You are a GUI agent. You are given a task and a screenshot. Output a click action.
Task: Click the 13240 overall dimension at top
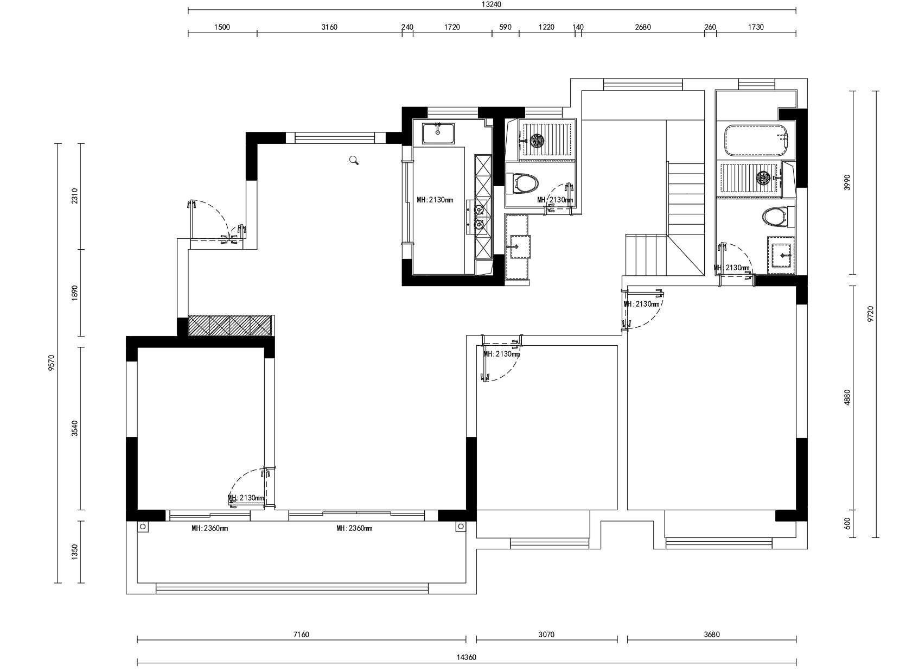click(492, 4)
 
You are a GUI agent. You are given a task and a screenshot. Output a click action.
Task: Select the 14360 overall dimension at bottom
click(467, 658)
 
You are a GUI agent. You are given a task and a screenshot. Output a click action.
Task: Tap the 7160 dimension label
click(301, 635)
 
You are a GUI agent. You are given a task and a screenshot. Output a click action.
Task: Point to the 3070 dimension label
click(546, 635)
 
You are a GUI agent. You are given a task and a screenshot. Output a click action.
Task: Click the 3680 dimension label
click(712, 635)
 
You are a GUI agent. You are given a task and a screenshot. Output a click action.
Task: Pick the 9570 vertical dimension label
click(51, 363)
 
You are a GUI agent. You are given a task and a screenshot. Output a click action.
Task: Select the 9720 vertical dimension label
click(870, 314)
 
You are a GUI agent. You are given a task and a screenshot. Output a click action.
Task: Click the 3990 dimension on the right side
click(847, 182)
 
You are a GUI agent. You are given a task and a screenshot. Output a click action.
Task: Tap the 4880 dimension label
click(847, 397)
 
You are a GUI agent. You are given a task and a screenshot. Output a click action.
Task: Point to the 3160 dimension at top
click(329, 27)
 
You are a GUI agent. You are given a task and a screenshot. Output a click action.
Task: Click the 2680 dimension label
click(642, 27)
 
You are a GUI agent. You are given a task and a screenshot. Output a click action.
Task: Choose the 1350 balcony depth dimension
click(74, 552)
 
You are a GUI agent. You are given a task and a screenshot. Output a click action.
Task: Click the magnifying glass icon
click(354, 160)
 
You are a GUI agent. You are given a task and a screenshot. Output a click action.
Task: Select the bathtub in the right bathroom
click(756, 141)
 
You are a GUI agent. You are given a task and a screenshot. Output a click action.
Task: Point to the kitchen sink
click(438, 133)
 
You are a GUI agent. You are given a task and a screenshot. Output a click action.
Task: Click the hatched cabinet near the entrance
click(231, 326)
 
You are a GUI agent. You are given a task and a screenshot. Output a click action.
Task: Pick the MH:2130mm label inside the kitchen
click(435, 200)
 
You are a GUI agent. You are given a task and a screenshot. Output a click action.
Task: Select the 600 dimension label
click(847, 524)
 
